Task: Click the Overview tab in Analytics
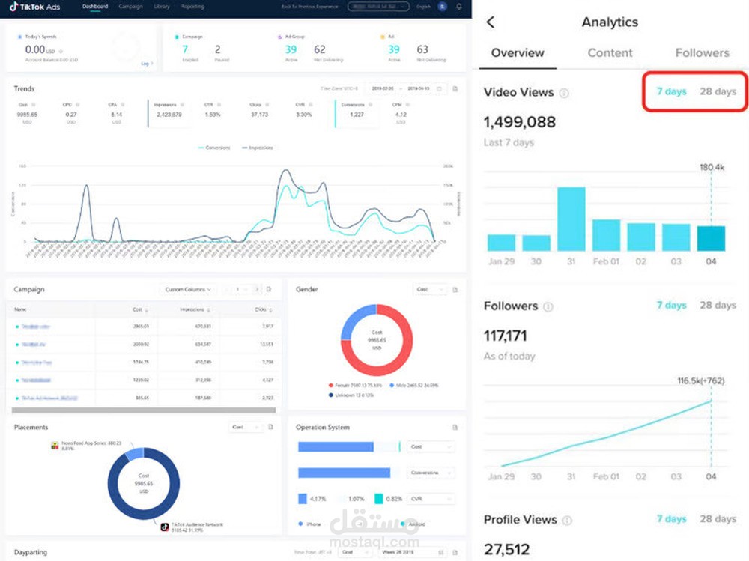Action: click(518, 53)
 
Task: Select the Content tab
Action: click(610, 53)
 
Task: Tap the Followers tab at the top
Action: click(702, 53)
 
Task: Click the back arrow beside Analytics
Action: click(491, 22)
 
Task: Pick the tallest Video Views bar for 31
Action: click(571, 219)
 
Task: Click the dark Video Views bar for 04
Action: click(711, 238)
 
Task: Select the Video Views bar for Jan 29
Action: click(501, 243)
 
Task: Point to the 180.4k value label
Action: click(712, 168)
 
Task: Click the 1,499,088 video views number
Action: click(520, 122)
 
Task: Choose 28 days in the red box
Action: click(718, 92)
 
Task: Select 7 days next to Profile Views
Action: click(671, 519)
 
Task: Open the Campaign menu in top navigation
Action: click(130, 7)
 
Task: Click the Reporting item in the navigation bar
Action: click(192, 7)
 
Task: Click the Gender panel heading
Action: click(307, 288)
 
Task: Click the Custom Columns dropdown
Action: click(187, 289)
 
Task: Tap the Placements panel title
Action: click(31, 427)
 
